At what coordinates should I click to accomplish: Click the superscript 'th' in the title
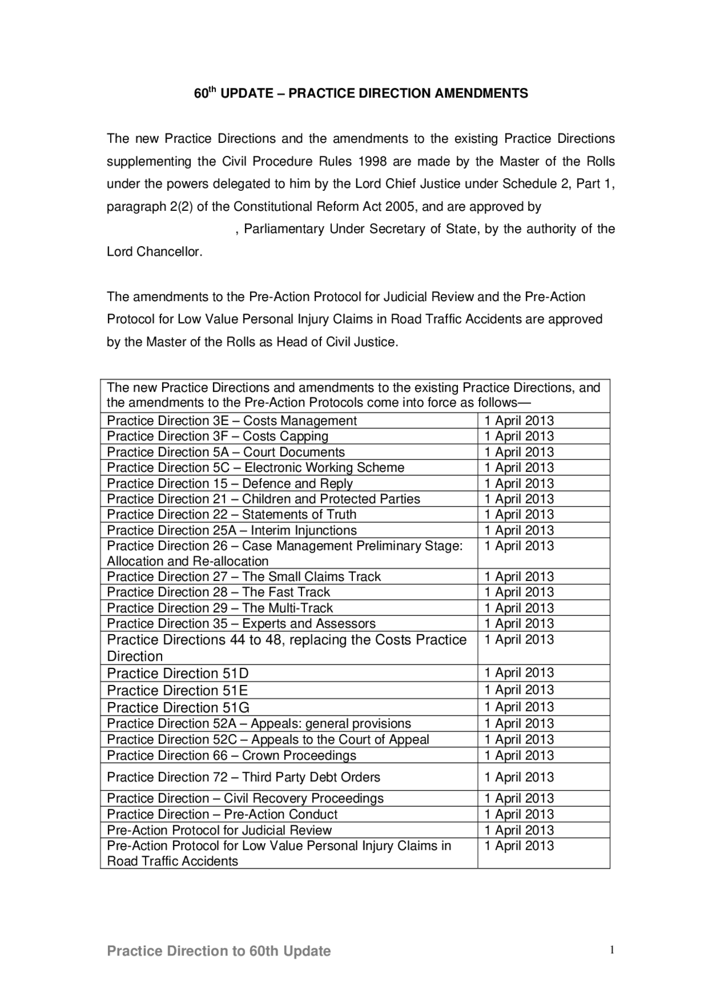pos(212,90)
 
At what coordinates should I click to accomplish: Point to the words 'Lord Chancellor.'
pos(155,252)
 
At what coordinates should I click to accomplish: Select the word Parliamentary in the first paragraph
pos(284,229)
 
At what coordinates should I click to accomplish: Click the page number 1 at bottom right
pos(612,951)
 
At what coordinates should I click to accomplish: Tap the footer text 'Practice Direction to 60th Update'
pos(218,951)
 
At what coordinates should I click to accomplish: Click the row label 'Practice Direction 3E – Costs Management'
pos(232,420)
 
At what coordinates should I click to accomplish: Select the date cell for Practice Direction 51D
pos(519,673)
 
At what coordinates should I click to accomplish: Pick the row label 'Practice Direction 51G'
pos(178,708)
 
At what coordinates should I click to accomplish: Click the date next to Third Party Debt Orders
pos(519,777)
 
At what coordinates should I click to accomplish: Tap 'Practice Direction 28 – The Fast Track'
pos(218,592)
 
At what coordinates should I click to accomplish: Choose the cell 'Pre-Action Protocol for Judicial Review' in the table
pos(219,830)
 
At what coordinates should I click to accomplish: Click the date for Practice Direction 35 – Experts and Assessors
pos(519,624)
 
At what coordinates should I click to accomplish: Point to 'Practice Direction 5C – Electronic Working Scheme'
pos(256,468)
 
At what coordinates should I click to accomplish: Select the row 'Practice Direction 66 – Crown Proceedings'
pos(231,755)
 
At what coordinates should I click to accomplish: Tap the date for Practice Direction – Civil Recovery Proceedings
pos(519,798)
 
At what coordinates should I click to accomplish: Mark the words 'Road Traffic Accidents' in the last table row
pos(173,861)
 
